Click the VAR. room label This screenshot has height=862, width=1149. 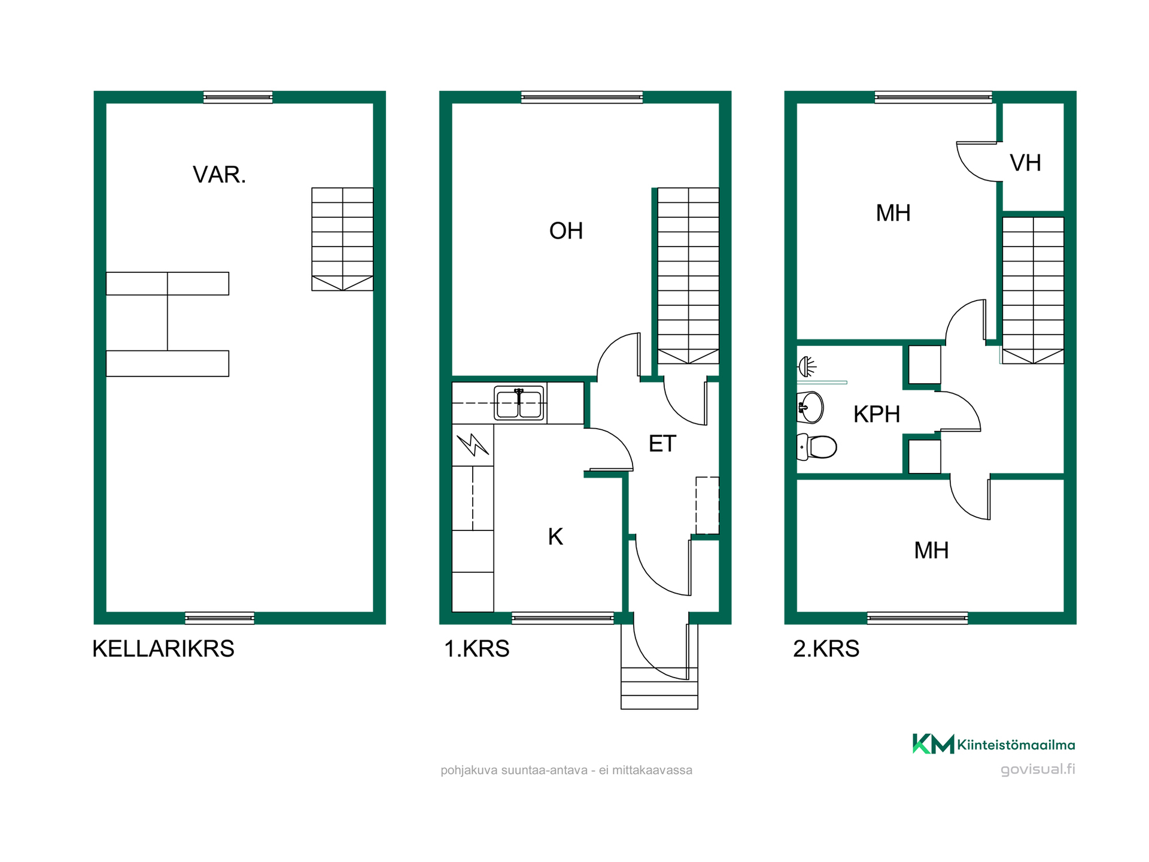(x=219, y=175)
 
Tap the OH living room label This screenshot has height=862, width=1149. (x=566, y=231)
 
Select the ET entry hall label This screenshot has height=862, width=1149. (x=662, y=444)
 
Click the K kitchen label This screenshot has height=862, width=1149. (x=555, y=537)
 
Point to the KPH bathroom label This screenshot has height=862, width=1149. (x=877, y=414)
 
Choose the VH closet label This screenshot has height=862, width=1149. (x=1025, y=163)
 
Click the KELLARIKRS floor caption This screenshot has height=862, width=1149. (x=163, y=649)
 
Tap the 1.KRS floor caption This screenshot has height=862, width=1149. (x=476, y=649)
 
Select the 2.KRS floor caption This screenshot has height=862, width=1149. (x=826, y=649)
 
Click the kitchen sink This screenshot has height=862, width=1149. (x=519, y=403)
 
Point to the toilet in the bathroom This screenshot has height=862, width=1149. (x=817, y=447)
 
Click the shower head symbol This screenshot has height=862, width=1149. (x=807, y=366)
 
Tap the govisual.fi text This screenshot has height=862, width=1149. (x=1038, y=769)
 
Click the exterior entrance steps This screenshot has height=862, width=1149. (x=659, y=688)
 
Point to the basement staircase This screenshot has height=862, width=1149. (x=342, y=239)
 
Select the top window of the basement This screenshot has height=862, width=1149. (x=238, y=97)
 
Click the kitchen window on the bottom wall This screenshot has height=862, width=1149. (x=563, y=618)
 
